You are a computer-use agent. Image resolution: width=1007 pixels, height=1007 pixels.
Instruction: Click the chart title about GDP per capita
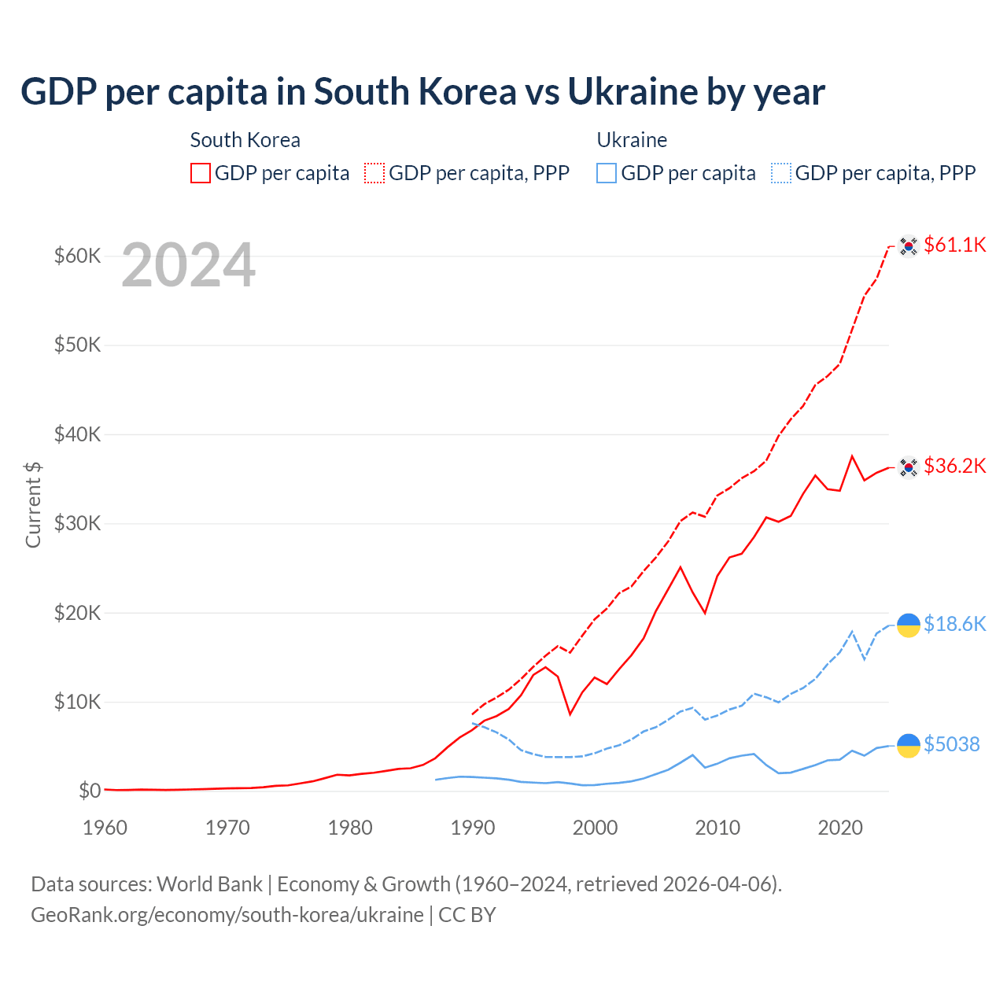[422, 92]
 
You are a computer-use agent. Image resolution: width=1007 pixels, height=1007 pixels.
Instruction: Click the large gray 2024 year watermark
[188, 266]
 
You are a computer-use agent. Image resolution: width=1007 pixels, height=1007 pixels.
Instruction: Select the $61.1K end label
[954, 245]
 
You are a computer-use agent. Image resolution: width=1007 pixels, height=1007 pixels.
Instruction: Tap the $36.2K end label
[954, 466]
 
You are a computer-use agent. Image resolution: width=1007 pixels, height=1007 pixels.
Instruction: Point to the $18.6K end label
[954, 624]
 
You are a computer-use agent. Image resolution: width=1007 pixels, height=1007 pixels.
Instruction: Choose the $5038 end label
[951, 744]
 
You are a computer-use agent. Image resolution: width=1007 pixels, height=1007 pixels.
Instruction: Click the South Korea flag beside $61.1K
[909, 246]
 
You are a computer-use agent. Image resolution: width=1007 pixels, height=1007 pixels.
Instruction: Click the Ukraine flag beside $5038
[909, 745]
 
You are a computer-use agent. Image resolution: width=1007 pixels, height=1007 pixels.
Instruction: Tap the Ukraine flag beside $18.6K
[909, 625]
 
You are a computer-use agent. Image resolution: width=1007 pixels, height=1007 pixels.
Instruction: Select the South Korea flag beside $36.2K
[909, 467]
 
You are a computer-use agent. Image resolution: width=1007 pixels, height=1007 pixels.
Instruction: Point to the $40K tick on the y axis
[77, 434]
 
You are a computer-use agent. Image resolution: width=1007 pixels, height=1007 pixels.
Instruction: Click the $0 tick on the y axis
[90, 791]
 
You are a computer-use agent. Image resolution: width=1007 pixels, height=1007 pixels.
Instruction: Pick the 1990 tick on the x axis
[473, 828]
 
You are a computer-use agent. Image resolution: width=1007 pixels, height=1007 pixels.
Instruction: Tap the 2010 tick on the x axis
[717, 828]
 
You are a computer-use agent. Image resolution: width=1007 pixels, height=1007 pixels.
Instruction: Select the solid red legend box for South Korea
[201, 173]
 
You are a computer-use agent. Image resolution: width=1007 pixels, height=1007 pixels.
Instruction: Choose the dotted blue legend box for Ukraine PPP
[781, 173]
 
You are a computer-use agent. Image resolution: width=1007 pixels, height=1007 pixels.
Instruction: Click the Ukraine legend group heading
[632, 140]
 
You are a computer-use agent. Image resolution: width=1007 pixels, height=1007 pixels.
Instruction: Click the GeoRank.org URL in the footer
[227, 915]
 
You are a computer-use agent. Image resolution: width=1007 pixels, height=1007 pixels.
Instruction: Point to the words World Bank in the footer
[209, 884]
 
